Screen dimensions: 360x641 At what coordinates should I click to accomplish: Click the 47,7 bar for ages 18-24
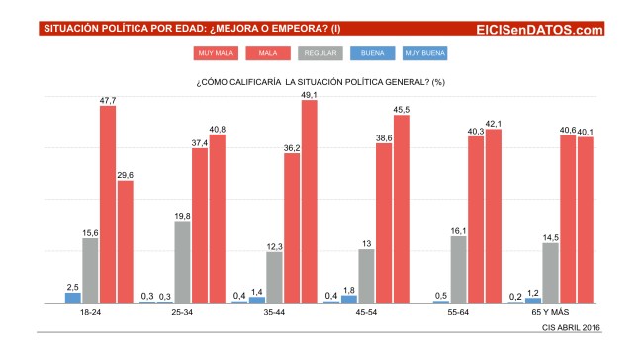point(108,203)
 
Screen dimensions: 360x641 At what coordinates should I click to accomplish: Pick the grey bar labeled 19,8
point(182,261)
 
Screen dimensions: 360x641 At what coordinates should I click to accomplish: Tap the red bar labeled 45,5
point(401,209)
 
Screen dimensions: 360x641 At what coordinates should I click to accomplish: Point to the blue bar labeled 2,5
point(73,297)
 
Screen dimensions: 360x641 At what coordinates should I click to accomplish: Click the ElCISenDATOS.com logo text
point(539,30)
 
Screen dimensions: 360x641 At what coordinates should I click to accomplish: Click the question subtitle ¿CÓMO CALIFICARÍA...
point(320,81)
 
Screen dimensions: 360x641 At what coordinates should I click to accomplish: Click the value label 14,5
point(549,235)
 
